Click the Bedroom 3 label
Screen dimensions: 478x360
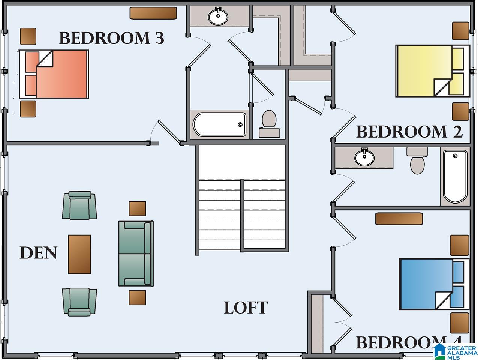111,38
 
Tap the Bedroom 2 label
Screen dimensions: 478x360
409,132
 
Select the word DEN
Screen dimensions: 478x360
39,253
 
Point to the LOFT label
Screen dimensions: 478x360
246,307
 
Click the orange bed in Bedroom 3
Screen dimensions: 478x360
54,74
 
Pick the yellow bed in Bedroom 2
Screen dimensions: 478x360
433,71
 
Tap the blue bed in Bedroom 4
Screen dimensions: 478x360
434,284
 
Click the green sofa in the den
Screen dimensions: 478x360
136,253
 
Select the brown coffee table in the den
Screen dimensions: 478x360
79,254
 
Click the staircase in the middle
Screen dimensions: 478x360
242,198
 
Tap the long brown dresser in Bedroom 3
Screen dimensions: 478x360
153,13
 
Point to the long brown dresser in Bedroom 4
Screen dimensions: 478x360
399,219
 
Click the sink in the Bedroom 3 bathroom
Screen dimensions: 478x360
218,16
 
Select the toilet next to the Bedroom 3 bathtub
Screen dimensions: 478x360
270,124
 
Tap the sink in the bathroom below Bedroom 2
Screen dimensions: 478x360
364,157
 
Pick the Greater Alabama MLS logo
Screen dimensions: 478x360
455,352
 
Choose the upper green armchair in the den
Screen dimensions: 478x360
79,205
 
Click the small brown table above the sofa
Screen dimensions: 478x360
138,208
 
